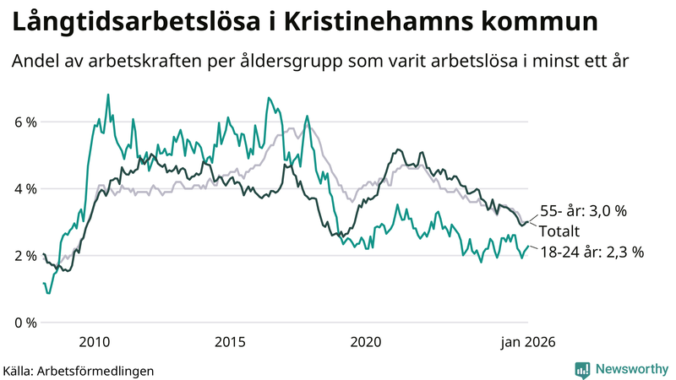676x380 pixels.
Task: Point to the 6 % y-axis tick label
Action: [x=25, y=122]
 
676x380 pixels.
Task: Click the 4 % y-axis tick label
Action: [x=25, y=188]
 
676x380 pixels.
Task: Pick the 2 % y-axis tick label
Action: [x=25, y=255]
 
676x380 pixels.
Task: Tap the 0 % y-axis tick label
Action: [x=25, y=323]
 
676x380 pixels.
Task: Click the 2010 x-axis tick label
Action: [x=94, y=342]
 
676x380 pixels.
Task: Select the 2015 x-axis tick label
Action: [x=230, y=342]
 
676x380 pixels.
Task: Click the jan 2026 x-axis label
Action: [x=528, y=342]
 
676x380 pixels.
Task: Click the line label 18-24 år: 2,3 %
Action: [x=591, y=251]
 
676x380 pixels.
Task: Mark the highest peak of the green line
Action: [x=108, y=95]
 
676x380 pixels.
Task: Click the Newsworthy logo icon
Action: [x=582, y=369]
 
